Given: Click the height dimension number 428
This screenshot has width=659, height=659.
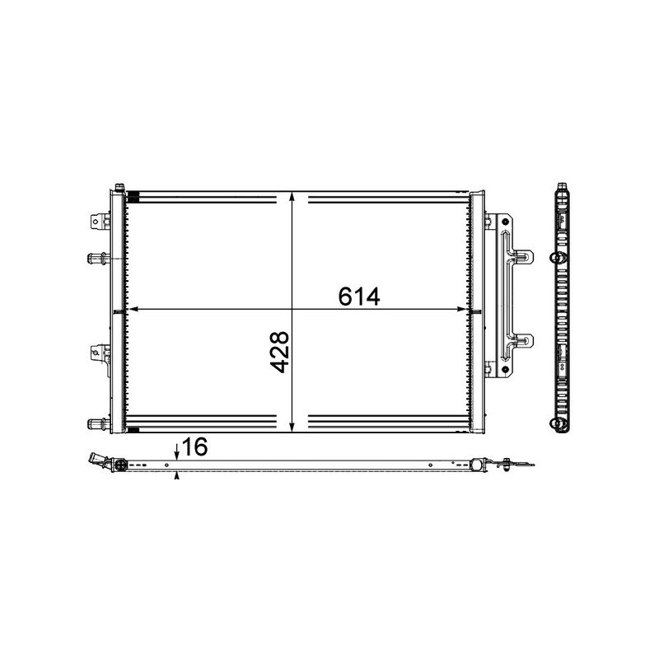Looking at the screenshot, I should click(280, 353).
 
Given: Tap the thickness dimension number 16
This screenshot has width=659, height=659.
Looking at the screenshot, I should click(194, 447).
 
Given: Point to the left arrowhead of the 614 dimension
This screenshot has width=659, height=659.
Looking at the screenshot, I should click(129, 310).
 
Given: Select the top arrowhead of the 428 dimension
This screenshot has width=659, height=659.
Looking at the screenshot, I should click(293, 197).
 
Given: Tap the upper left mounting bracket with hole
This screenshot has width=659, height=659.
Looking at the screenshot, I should click(99, 222).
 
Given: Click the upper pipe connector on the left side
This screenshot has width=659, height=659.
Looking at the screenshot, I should click(96, 259).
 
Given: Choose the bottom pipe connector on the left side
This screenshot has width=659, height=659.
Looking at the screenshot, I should click(96, 424).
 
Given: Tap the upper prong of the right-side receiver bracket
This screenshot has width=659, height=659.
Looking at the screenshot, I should click(522, 255).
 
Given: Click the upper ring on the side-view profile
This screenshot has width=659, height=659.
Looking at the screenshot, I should click(555, 259).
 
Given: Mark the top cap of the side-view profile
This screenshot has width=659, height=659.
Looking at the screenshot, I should click(562, 187).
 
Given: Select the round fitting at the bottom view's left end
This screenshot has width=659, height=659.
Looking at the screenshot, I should click(117, 466).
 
